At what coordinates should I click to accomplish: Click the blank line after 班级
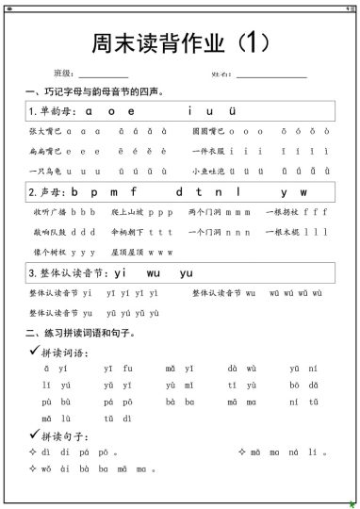(104, 74)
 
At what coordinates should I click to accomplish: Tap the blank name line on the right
(271, 74)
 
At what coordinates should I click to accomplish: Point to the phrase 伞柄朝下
(126, 232)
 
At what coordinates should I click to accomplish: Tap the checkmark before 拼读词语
(34, 351)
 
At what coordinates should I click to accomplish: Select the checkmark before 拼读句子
(34, 435)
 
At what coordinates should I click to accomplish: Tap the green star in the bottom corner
(352, 503)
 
